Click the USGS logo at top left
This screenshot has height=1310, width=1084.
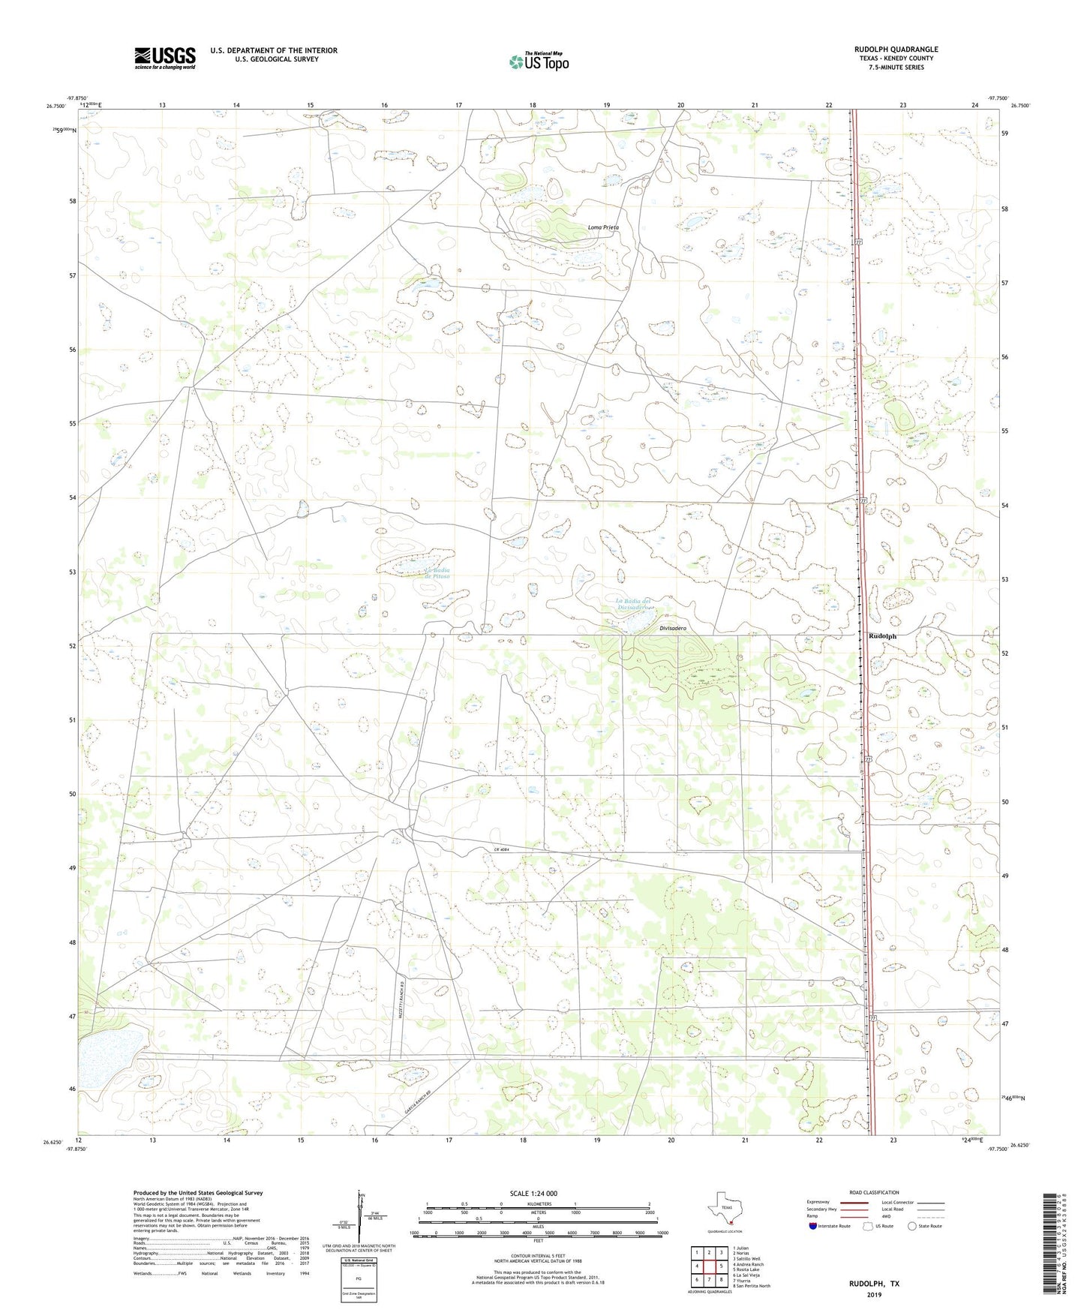[x=165, y=58]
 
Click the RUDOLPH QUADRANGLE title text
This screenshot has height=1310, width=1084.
[x=896, y=50]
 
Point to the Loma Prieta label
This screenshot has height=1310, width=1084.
[x=602, y=227]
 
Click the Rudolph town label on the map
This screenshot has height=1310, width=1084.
[x=882, y=636]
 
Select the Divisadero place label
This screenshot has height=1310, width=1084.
[x=673, y=628]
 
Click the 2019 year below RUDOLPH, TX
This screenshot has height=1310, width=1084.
[x=874, y=1295]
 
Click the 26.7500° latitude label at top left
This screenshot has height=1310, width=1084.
[x=56, y=106]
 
